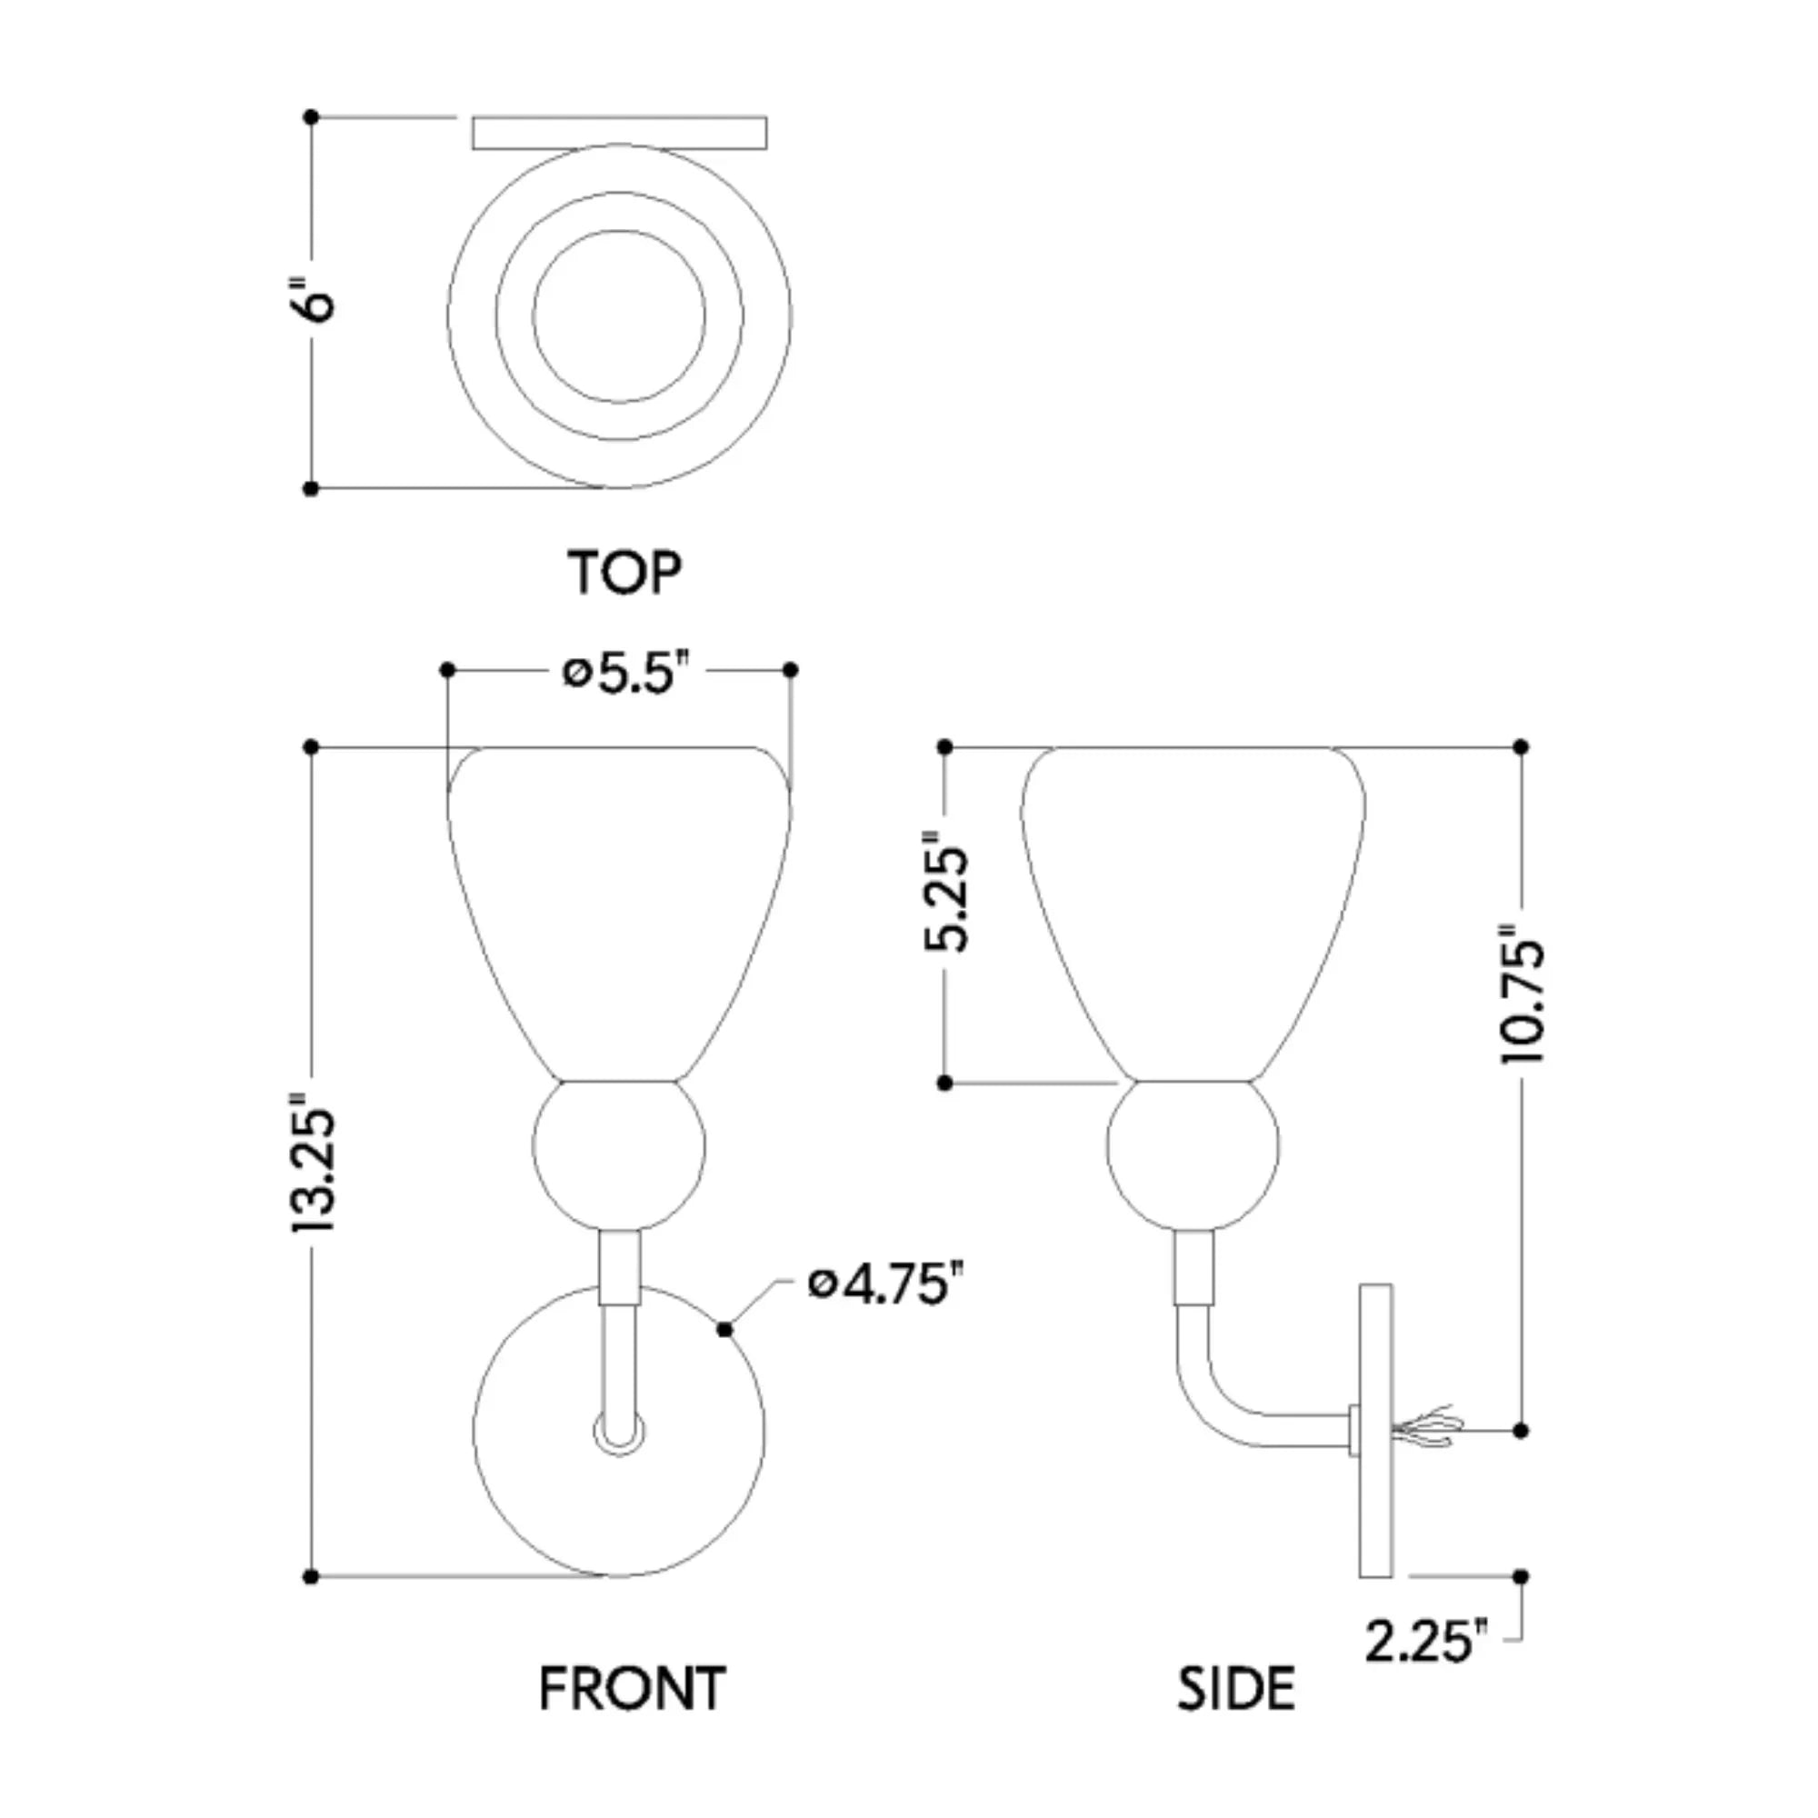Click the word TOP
[x=624, y=572]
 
